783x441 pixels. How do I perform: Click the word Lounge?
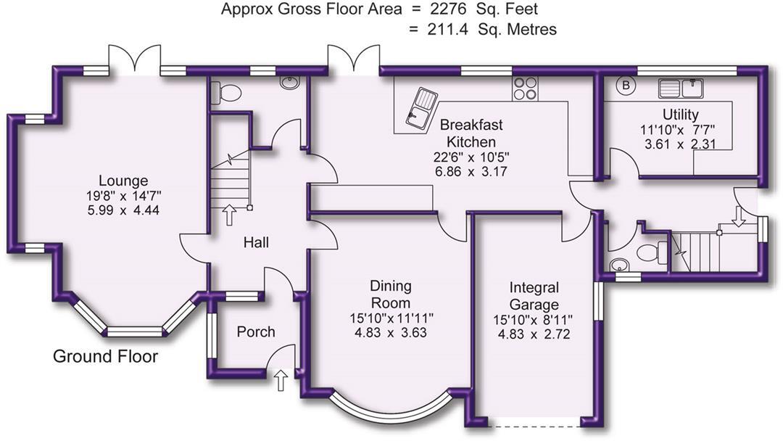pyautogui.click(x=123, y=181)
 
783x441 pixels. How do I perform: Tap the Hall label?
pyautogui.click(x=256, y=242)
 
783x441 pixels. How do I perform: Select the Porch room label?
pyautogui.click(x=256, y=331)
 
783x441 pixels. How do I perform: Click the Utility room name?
pyautogui.click(x=680, y=115)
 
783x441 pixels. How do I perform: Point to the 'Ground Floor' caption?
pyautogui.click(x=105, y=357)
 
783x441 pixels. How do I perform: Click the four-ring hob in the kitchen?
pyautogui.click(x=525, y=88)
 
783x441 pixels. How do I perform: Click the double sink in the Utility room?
pyautogui.click(x=681, y=88)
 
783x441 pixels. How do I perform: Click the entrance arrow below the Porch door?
pyautogui.click(x=282, y=380)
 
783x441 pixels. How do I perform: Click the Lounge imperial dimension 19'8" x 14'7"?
pyautogui.click(x=123, y=195)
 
